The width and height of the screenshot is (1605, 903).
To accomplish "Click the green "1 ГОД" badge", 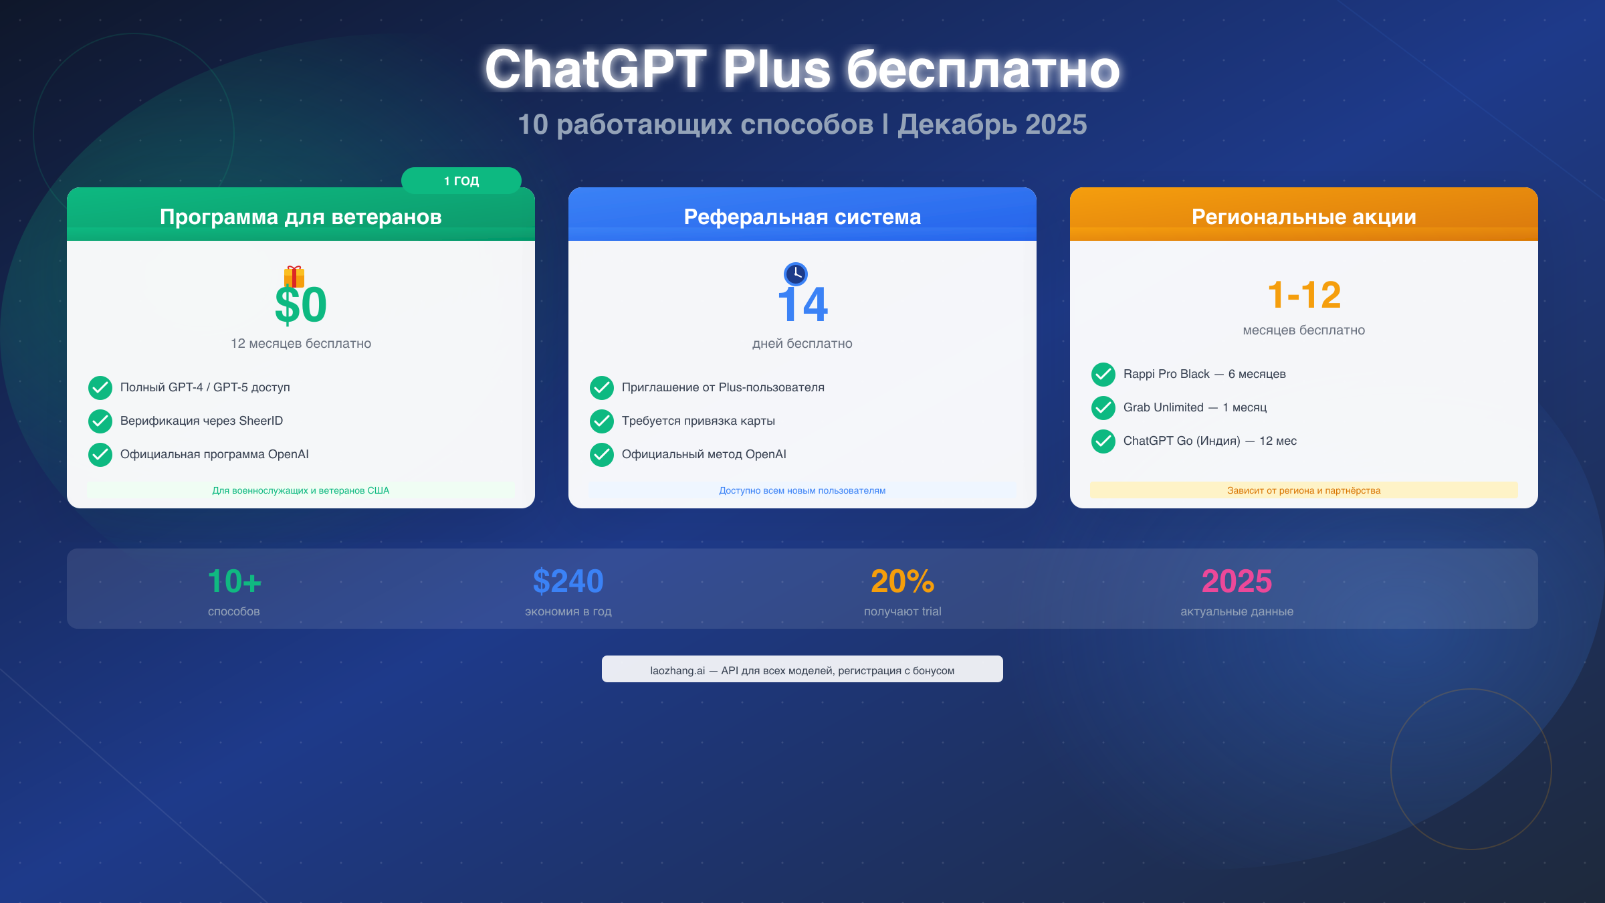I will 461,181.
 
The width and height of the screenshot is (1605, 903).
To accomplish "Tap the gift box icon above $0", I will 294,276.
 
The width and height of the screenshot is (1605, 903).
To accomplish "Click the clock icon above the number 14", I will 796,274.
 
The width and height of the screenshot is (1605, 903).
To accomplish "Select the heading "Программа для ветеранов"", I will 301,217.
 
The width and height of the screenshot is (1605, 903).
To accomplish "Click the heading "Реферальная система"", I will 802,217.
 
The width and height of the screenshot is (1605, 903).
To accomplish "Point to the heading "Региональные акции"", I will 1304,217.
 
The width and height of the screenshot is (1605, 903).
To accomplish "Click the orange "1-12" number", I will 1304,295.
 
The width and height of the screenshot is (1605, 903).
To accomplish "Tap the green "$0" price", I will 301,305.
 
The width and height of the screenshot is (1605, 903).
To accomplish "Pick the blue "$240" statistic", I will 568,581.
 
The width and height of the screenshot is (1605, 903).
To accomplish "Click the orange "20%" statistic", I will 903,581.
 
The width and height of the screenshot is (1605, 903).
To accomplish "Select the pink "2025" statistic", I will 1237,581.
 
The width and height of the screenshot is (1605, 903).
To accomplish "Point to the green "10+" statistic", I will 234,581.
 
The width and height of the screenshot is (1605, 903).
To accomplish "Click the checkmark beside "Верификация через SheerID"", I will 100,421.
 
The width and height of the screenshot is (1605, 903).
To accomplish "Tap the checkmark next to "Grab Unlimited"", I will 1103,407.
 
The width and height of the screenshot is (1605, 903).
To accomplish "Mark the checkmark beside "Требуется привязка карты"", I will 602,421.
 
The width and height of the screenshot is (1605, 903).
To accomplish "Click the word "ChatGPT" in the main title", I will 595,69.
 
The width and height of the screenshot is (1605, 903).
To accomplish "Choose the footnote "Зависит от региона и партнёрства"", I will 1304,490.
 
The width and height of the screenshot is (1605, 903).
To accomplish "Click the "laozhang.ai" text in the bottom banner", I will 677,670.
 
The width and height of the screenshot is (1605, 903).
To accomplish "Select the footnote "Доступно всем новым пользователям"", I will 802,490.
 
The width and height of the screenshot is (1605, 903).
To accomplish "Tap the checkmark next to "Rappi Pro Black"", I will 1103,374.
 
